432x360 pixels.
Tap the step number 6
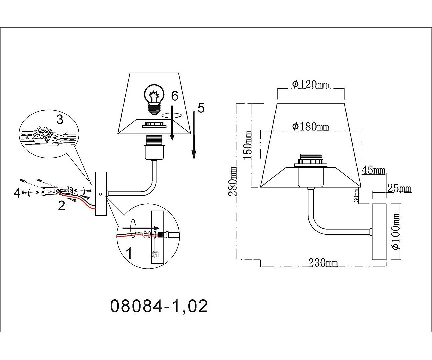[x=175, y=96]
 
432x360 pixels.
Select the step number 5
[x=201, y=108]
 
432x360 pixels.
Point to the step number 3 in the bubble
[x=60, y=119]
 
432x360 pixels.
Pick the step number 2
[x=61, y=205]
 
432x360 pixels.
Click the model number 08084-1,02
[x=159, y=306]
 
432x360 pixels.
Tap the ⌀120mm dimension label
[x=310, y=84]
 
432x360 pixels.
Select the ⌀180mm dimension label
[x=310, y=127]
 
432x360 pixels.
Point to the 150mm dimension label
[x=248, y=145]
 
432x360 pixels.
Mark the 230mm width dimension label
[x=323, y=263]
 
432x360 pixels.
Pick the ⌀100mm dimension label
[x=396, y=232]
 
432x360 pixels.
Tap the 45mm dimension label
[x=373, y=170]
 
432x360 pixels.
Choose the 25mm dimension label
[x=399, y=188]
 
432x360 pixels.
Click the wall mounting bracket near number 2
[x=57, y=191]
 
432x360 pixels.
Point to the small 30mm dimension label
[x=356, y=195]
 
